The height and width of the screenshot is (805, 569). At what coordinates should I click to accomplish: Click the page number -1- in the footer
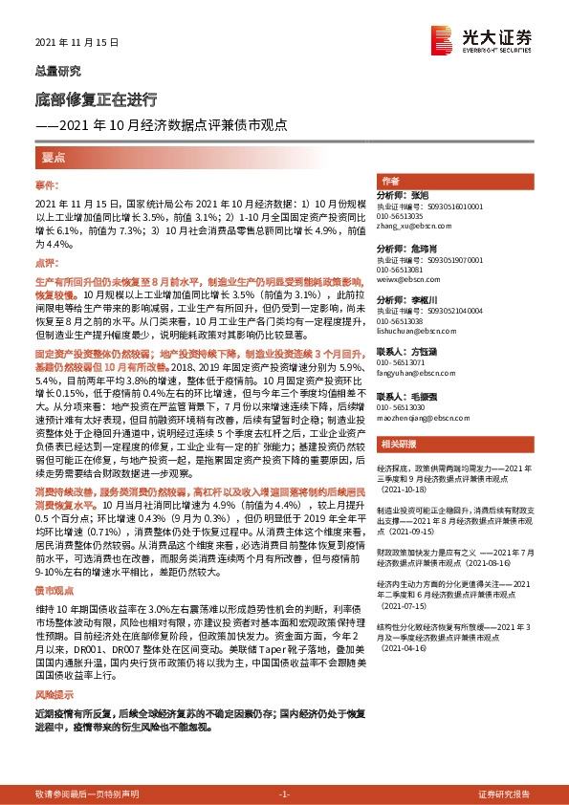click(283, 794)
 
